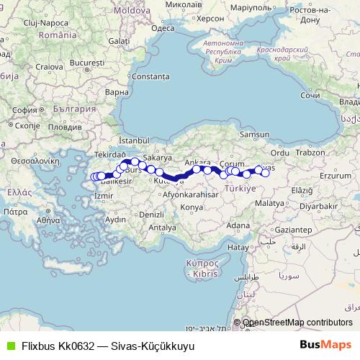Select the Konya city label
192,207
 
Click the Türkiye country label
240,189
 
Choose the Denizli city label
150,215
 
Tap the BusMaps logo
325,346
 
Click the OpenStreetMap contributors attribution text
297,323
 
